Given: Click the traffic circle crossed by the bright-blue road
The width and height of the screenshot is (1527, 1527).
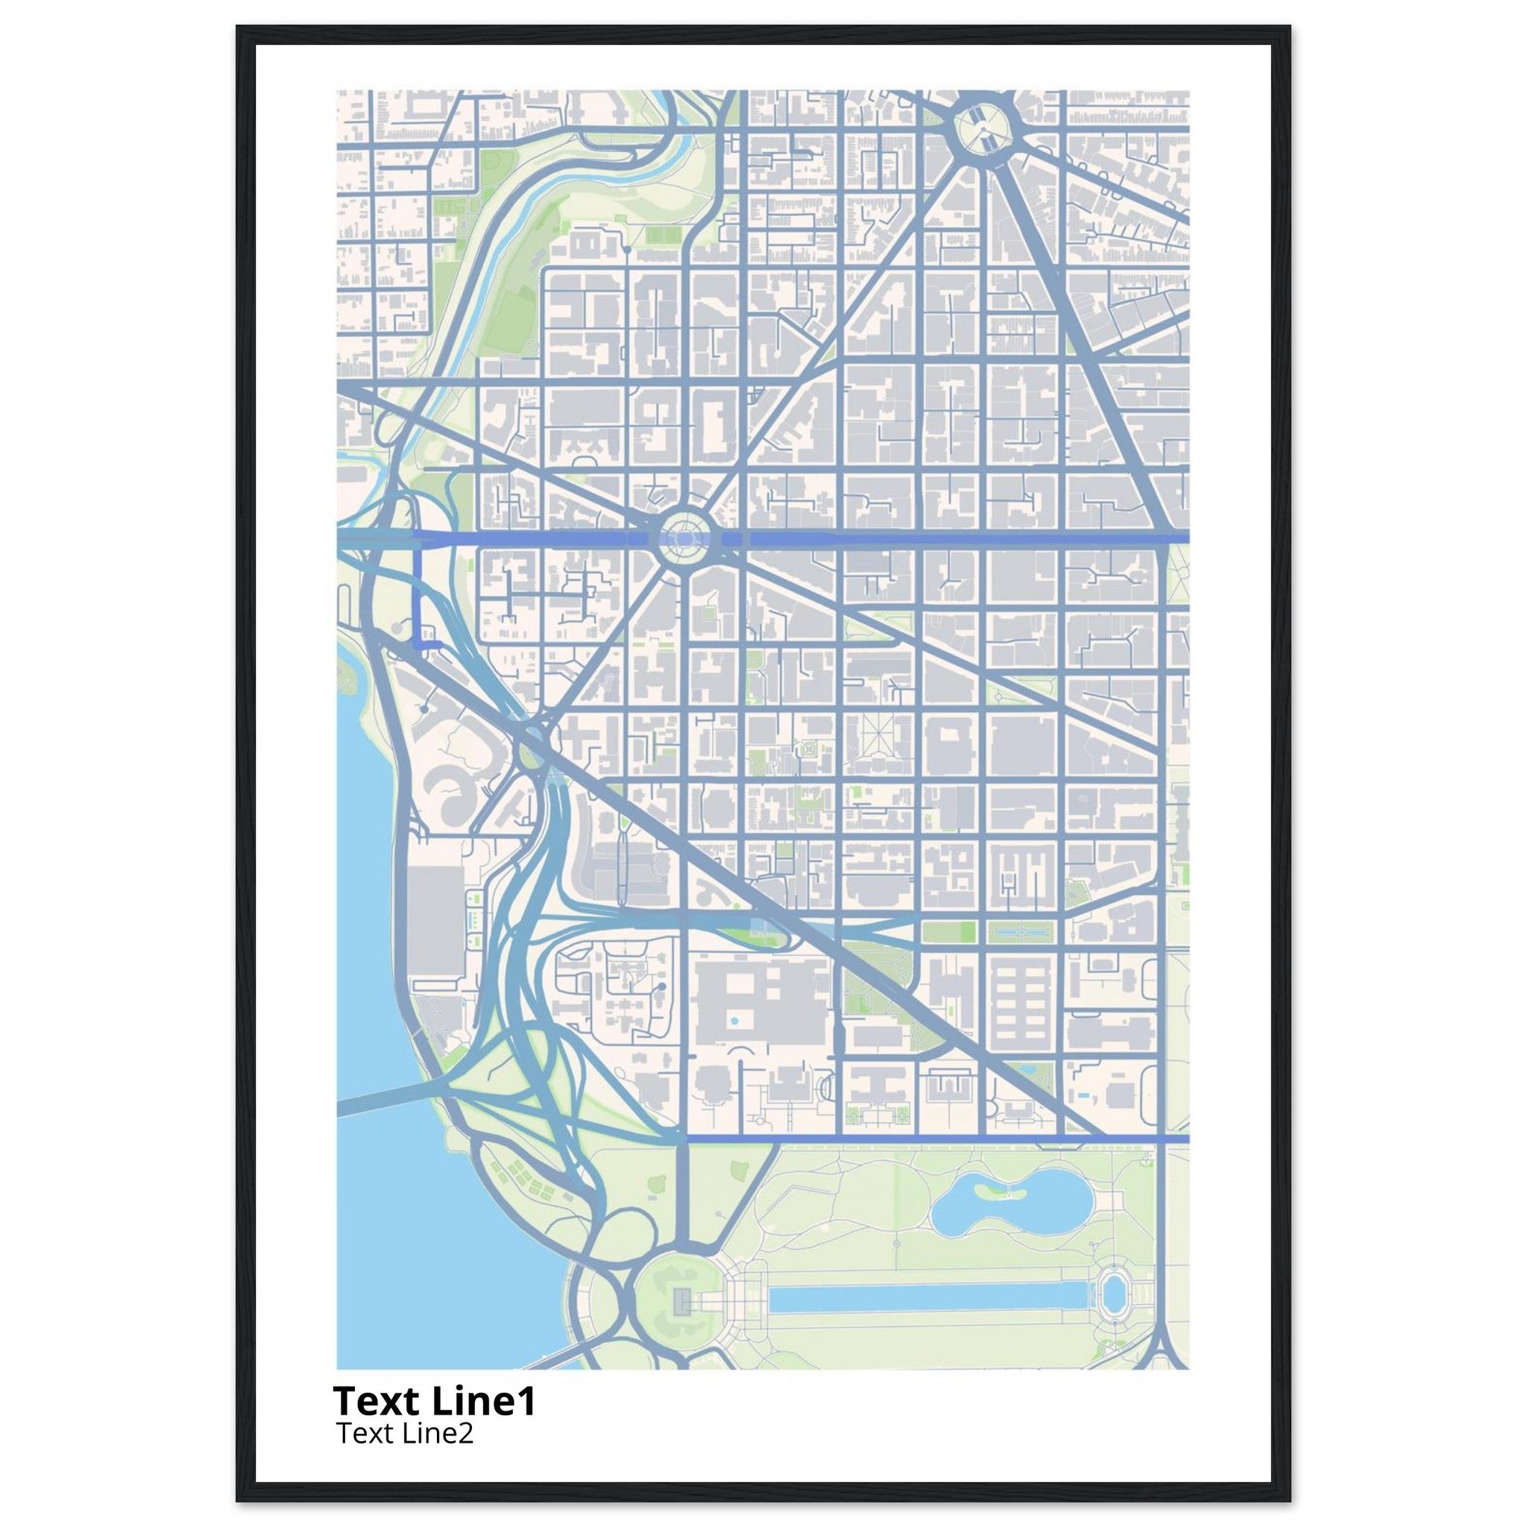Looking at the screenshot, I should pos(684,539).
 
